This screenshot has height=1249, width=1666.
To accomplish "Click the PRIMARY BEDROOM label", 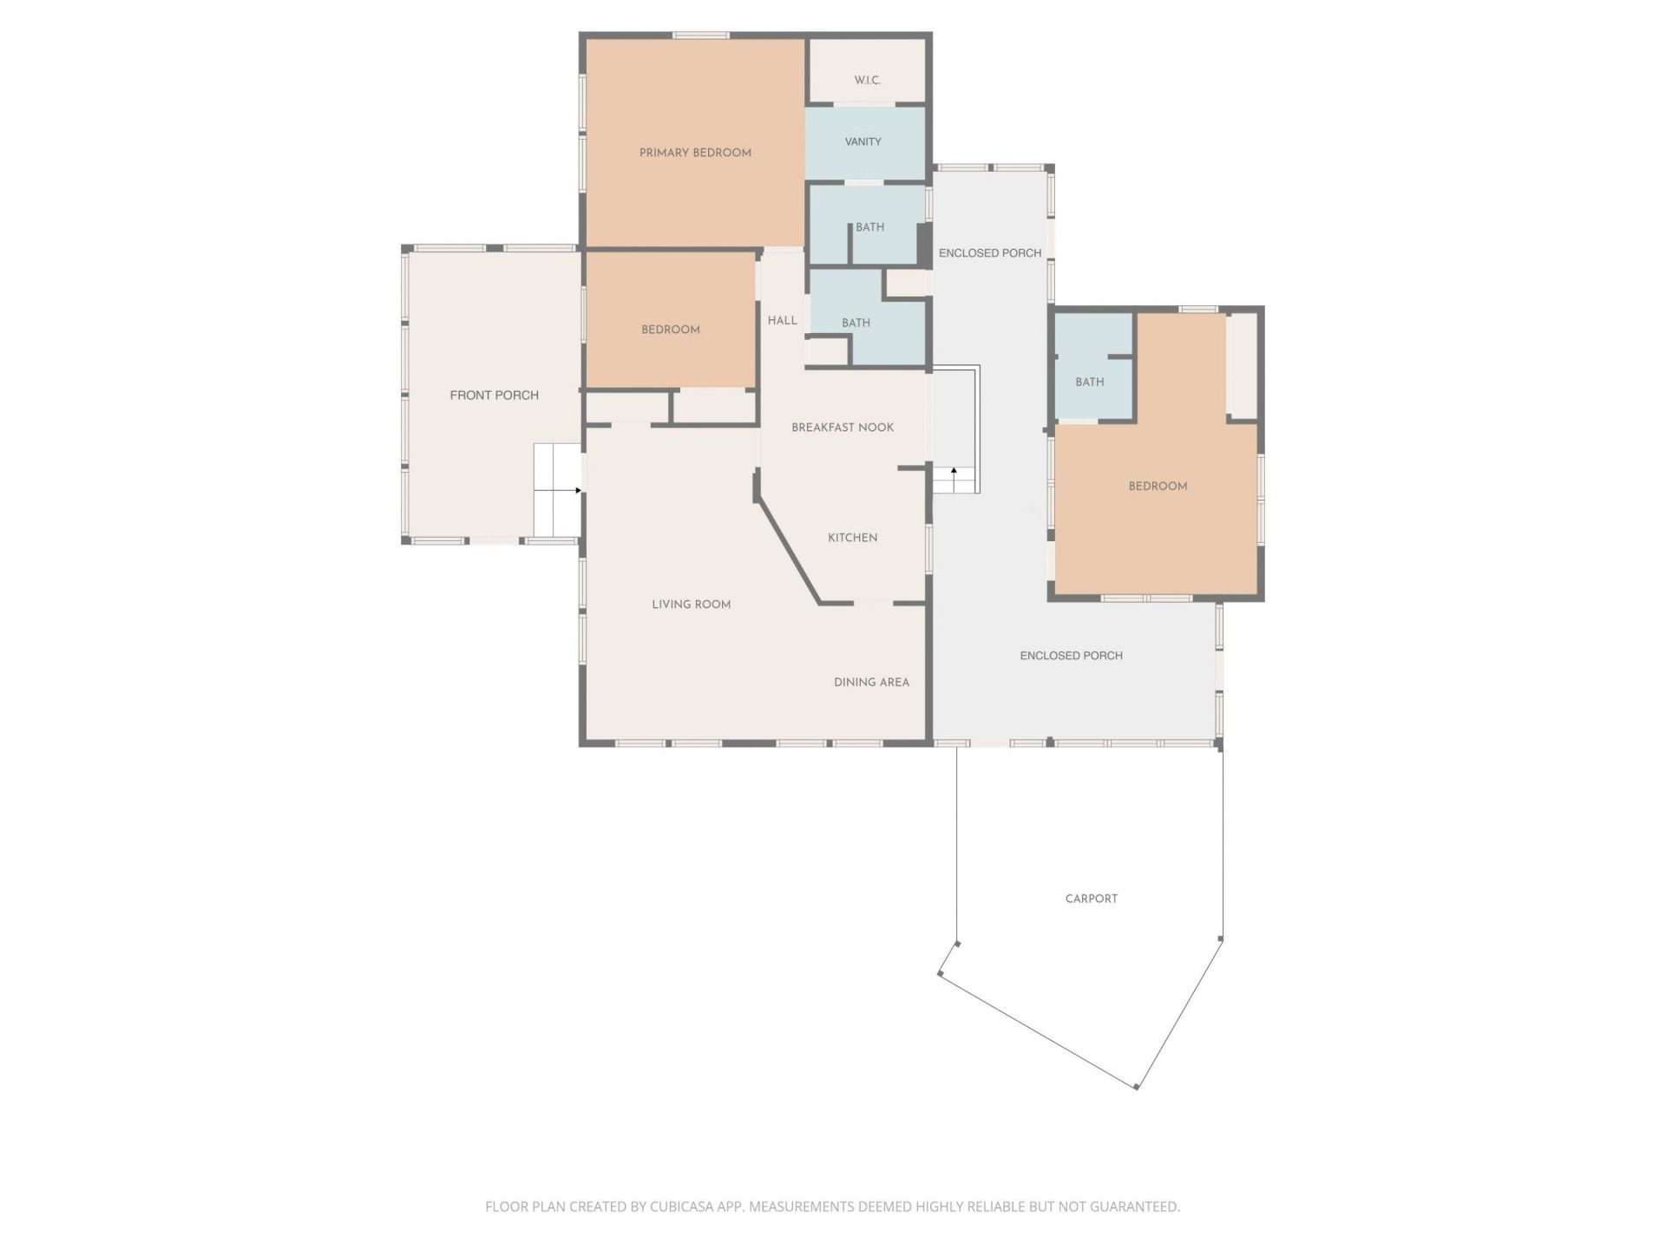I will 695,153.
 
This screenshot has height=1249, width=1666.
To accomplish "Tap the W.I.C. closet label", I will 867,80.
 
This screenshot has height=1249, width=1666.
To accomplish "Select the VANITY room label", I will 863,141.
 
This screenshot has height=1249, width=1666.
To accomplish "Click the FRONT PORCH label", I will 494,395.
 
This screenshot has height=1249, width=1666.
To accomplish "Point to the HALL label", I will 782,320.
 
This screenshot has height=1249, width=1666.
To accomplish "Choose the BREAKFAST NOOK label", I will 842,427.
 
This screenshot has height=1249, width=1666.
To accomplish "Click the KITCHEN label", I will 852,538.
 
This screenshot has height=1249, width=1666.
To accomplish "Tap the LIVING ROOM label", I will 691,605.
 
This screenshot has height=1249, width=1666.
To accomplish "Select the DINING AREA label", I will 871,682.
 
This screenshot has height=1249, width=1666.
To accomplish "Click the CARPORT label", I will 1091,899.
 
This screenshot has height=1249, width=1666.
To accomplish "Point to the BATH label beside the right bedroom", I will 1089,382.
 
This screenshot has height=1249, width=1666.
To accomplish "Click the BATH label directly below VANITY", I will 869,227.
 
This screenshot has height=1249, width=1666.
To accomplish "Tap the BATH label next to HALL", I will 856,323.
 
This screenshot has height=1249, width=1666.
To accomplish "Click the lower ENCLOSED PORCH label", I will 1071,656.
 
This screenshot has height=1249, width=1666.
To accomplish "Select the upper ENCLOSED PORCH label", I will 989,253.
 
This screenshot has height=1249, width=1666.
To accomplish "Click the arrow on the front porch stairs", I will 578,490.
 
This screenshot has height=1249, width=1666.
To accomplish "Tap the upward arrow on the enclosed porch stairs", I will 954,471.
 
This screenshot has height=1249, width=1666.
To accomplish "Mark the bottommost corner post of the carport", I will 1136,1087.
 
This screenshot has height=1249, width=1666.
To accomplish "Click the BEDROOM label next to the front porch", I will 670,330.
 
